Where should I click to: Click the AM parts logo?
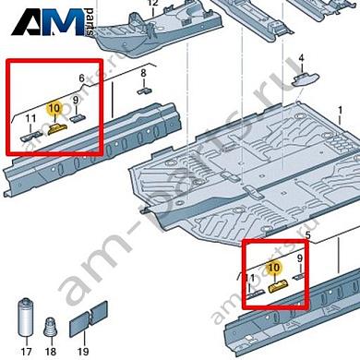point(53,21)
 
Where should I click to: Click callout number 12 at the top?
point(153,3)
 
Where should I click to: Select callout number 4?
point(301,57)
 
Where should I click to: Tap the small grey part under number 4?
point(306,79)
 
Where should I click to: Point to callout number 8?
point(144,73)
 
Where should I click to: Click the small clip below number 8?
point(145,91)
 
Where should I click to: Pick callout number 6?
point(81,78)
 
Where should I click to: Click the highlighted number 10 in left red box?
point(54,108)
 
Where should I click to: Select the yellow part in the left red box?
point(57,128)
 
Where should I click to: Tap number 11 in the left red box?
point(30,118)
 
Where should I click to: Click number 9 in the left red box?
point(76,101)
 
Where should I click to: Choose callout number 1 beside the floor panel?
point(340,110)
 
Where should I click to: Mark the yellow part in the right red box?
point(279,286)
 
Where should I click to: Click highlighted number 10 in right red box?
point(273,267)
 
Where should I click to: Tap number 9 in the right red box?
point(300,258)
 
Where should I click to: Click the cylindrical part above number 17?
point(26,318)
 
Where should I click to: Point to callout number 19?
point(83,351)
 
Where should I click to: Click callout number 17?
point(26,351)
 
